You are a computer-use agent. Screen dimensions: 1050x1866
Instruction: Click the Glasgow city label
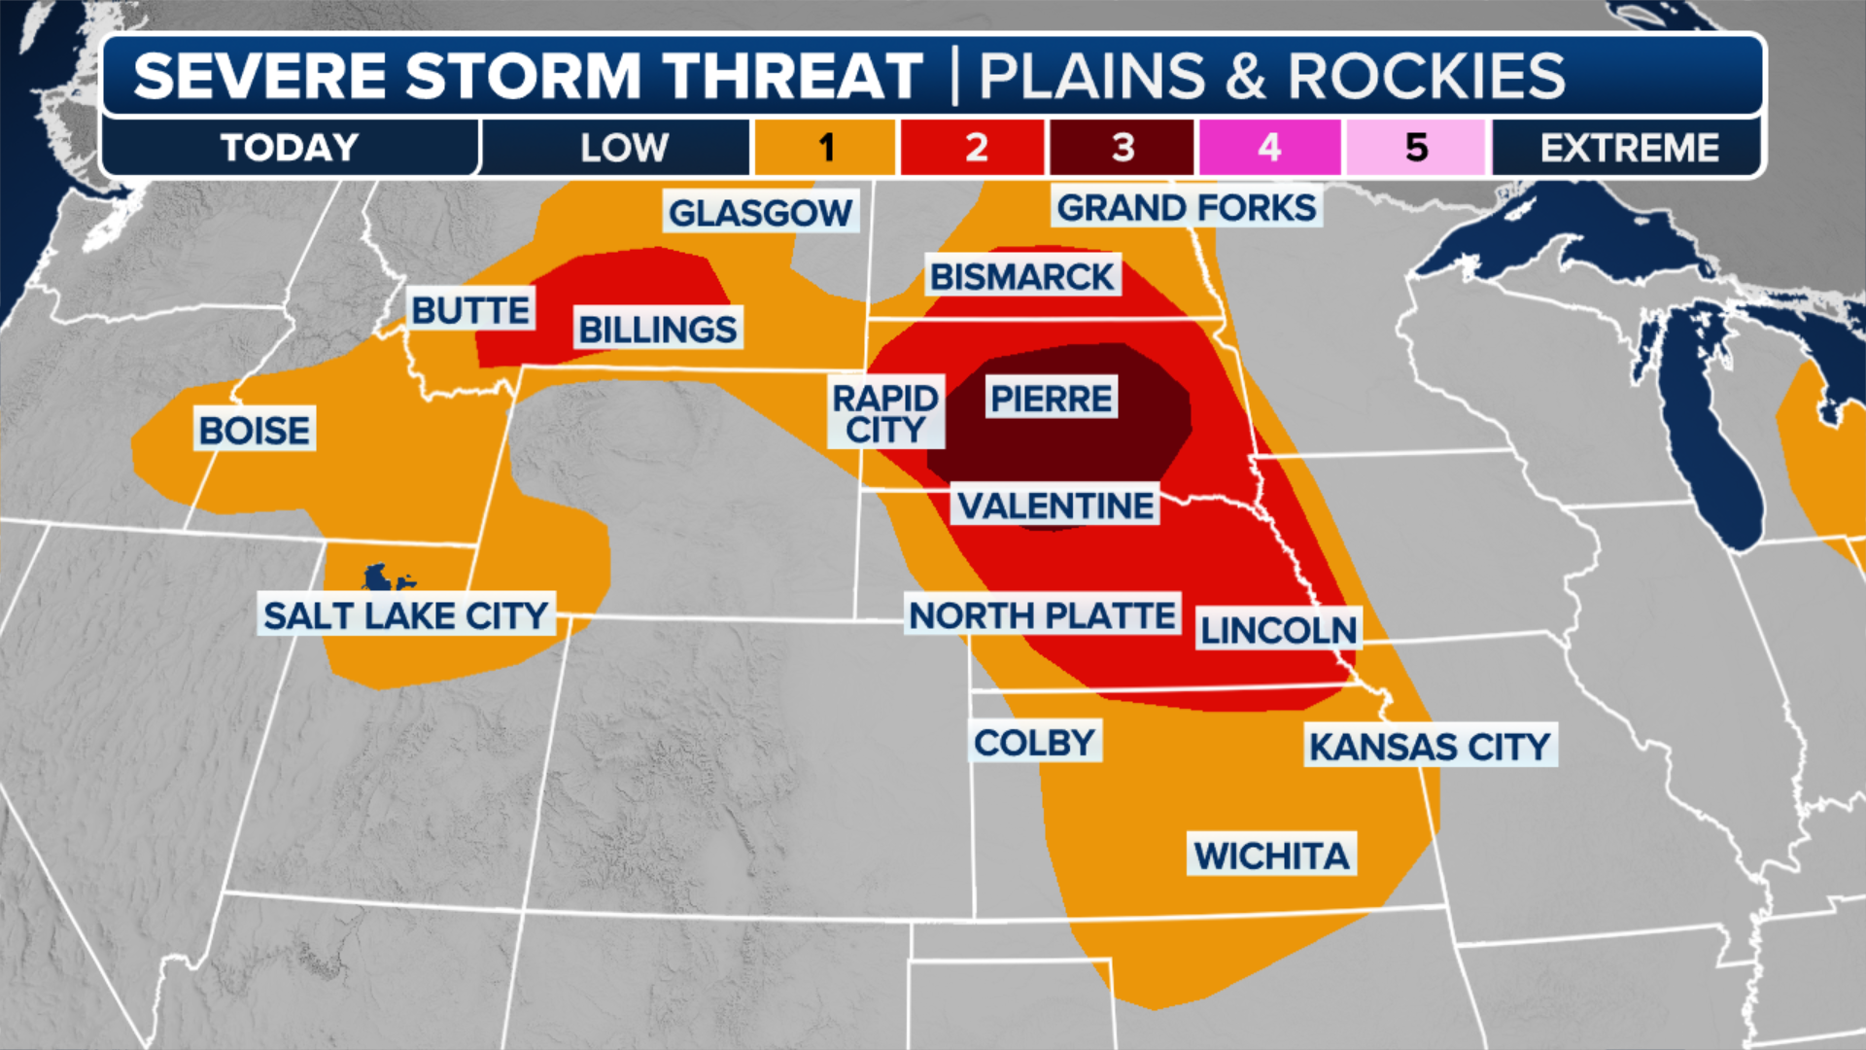pos(760,212)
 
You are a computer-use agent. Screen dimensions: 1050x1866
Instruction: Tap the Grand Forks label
pos(1186,207)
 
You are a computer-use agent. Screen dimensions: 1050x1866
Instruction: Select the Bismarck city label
pos(1021,276)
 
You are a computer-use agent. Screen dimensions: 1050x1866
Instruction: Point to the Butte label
pos(470,310)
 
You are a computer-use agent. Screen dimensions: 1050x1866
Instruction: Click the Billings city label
pos(658,329)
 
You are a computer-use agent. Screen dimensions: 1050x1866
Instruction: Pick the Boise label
pos(254,430)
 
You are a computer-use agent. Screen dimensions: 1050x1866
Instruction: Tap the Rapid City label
pos(884,413)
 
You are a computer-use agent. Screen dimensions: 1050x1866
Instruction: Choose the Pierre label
pos(1051,398)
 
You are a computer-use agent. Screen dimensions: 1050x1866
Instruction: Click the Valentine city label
pos(1055,506)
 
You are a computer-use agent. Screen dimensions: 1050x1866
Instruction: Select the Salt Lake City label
pos(406,614)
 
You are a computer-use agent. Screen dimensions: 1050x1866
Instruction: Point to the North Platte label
pos(1042,614)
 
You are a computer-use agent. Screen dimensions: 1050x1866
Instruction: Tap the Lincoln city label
pos(1278,630)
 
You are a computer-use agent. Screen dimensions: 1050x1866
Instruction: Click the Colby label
pos(1034,743)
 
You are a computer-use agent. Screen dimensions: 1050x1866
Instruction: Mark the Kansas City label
pos(1430,747)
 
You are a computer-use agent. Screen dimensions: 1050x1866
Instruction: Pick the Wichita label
pos(1271,856)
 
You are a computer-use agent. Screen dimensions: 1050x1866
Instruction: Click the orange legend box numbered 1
pos(825,148)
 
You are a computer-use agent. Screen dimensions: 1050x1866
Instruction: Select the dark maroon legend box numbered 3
pos(1123,148)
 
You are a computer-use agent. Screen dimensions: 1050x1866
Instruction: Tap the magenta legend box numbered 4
pos(1269,148)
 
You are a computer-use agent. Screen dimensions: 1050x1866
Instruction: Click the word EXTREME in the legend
pos(1629,148)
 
